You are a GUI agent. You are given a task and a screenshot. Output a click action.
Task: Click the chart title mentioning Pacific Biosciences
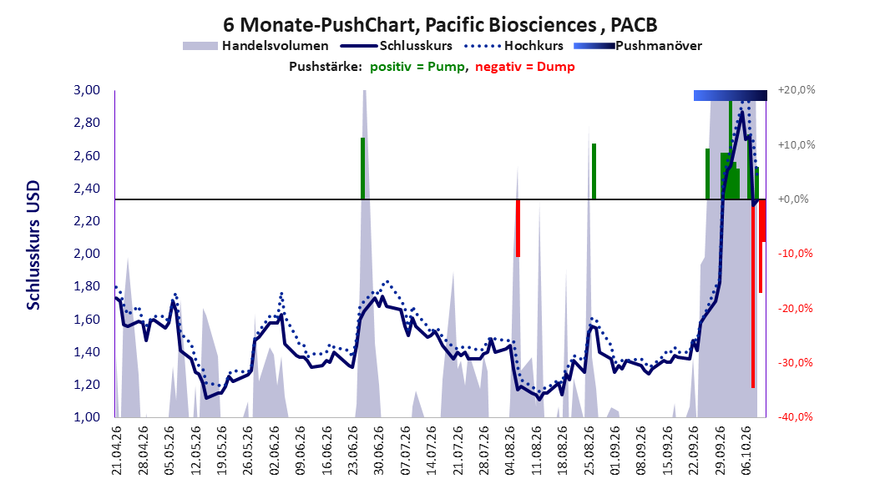click(x=440, y=25)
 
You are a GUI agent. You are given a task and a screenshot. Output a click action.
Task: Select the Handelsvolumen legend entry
click(x=255, y=46)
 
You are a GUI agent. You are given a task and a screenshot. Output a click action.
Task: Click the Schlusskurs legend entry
click(x=397, y=46)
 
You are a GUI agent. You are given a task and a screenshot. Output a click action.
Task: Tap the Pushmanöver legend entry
click(x=638, y=46)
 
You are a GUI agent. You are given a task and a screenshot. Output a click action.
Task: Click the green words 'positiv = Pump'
click(x=417, y=67)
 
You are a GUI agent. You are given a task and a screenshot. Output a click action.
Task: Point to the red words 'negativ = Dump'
click(x=525, y=67)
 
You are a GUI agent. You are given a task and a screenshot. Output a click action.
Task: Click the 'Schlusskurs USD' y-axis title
click(x=33, y=245)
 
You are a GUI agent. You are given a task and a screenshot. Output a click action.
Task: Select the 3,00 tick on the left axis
click(x=87, y=90)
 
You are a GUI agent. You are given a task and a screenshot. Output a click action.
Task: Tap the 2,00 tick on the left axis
click(x=87, y=254)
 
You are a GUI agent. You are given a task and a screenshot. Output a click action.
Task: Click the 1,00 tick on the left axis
click(x=87, y=417)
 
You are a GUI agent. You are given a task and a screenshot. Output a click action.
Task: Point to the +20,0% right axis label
click(x=797, y=90)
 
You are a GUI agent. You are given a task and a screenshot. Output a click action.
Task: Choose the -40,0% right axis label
click(x=795, y=417)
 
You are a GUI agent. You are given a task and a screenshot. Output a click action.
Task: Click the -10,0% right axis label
click(x=795, y=254)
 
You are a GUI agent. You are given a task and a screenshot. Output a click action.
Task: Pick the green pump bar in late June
click(x=362, y=169)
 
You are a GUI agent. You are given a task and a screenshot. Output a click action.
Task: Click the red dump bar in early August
click(x=518, y=229)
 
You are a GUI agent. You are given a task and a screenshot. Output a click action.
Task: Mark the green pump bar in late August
click(x=594, y=172)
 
